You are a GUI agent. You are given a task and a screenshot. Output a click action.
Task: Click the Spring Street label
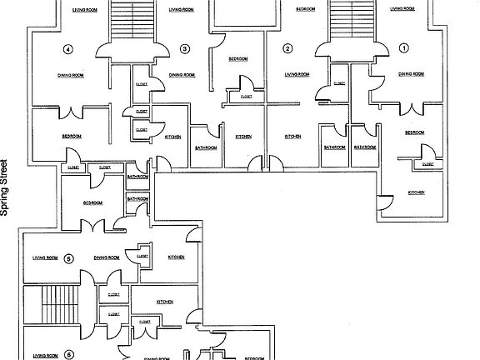(x=7, y=187)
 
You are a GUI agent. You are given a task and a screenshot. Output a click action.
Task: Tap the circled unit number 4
(x=68, y=48)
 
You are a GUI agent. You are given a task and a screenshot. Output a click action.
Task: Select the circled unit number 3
(x=184, y=48)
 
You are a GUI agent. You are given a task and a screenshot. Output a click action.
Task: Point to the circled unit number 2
(x=287, y=48)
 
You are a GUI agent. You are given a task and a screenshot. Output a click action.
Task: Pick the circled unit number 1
(x=404, y=48)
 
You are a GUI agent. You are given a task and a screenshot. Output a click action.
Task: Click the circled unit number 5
(x=68, y=257)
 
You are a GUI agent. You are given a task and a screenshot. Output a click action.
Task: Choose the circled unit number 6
(x=68, y=354)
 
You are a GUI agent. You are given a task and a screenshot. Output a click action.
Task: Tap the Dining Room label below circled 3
(x=182, y=75)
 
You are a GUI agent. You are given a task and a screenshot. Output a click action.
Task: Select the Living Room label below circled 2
(x=297, y=75)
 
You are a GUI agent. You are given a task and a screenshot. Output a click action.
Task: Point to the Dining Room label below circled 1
(x=412, y=75)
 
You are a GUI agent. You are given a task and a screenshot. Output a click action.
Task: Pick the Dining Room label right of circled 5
(x=106, y=257)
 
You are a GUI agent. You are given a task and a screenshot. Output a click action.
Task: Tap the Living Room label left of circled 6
(x=45, y=355)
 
